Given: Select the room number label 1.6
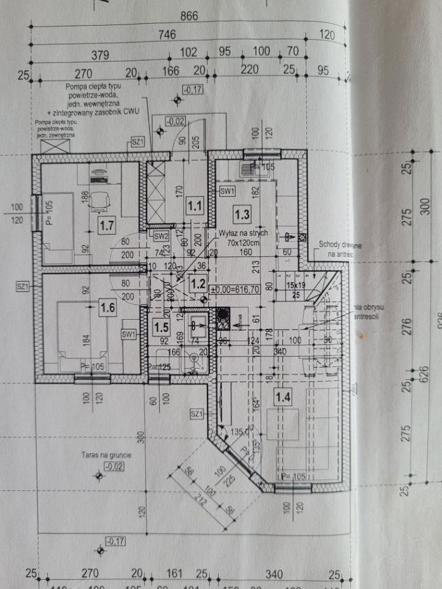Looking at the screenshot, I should tap(108, 308).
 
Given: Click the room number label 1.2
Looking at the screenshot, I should tap(198, 283).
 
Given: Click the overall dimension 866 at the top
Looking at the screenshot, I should tap(189, 17).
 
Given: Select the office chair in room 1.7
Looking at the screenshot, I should tap(99, 200).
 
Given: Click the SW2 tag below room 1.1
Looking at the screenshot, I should tap(161, 236).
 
